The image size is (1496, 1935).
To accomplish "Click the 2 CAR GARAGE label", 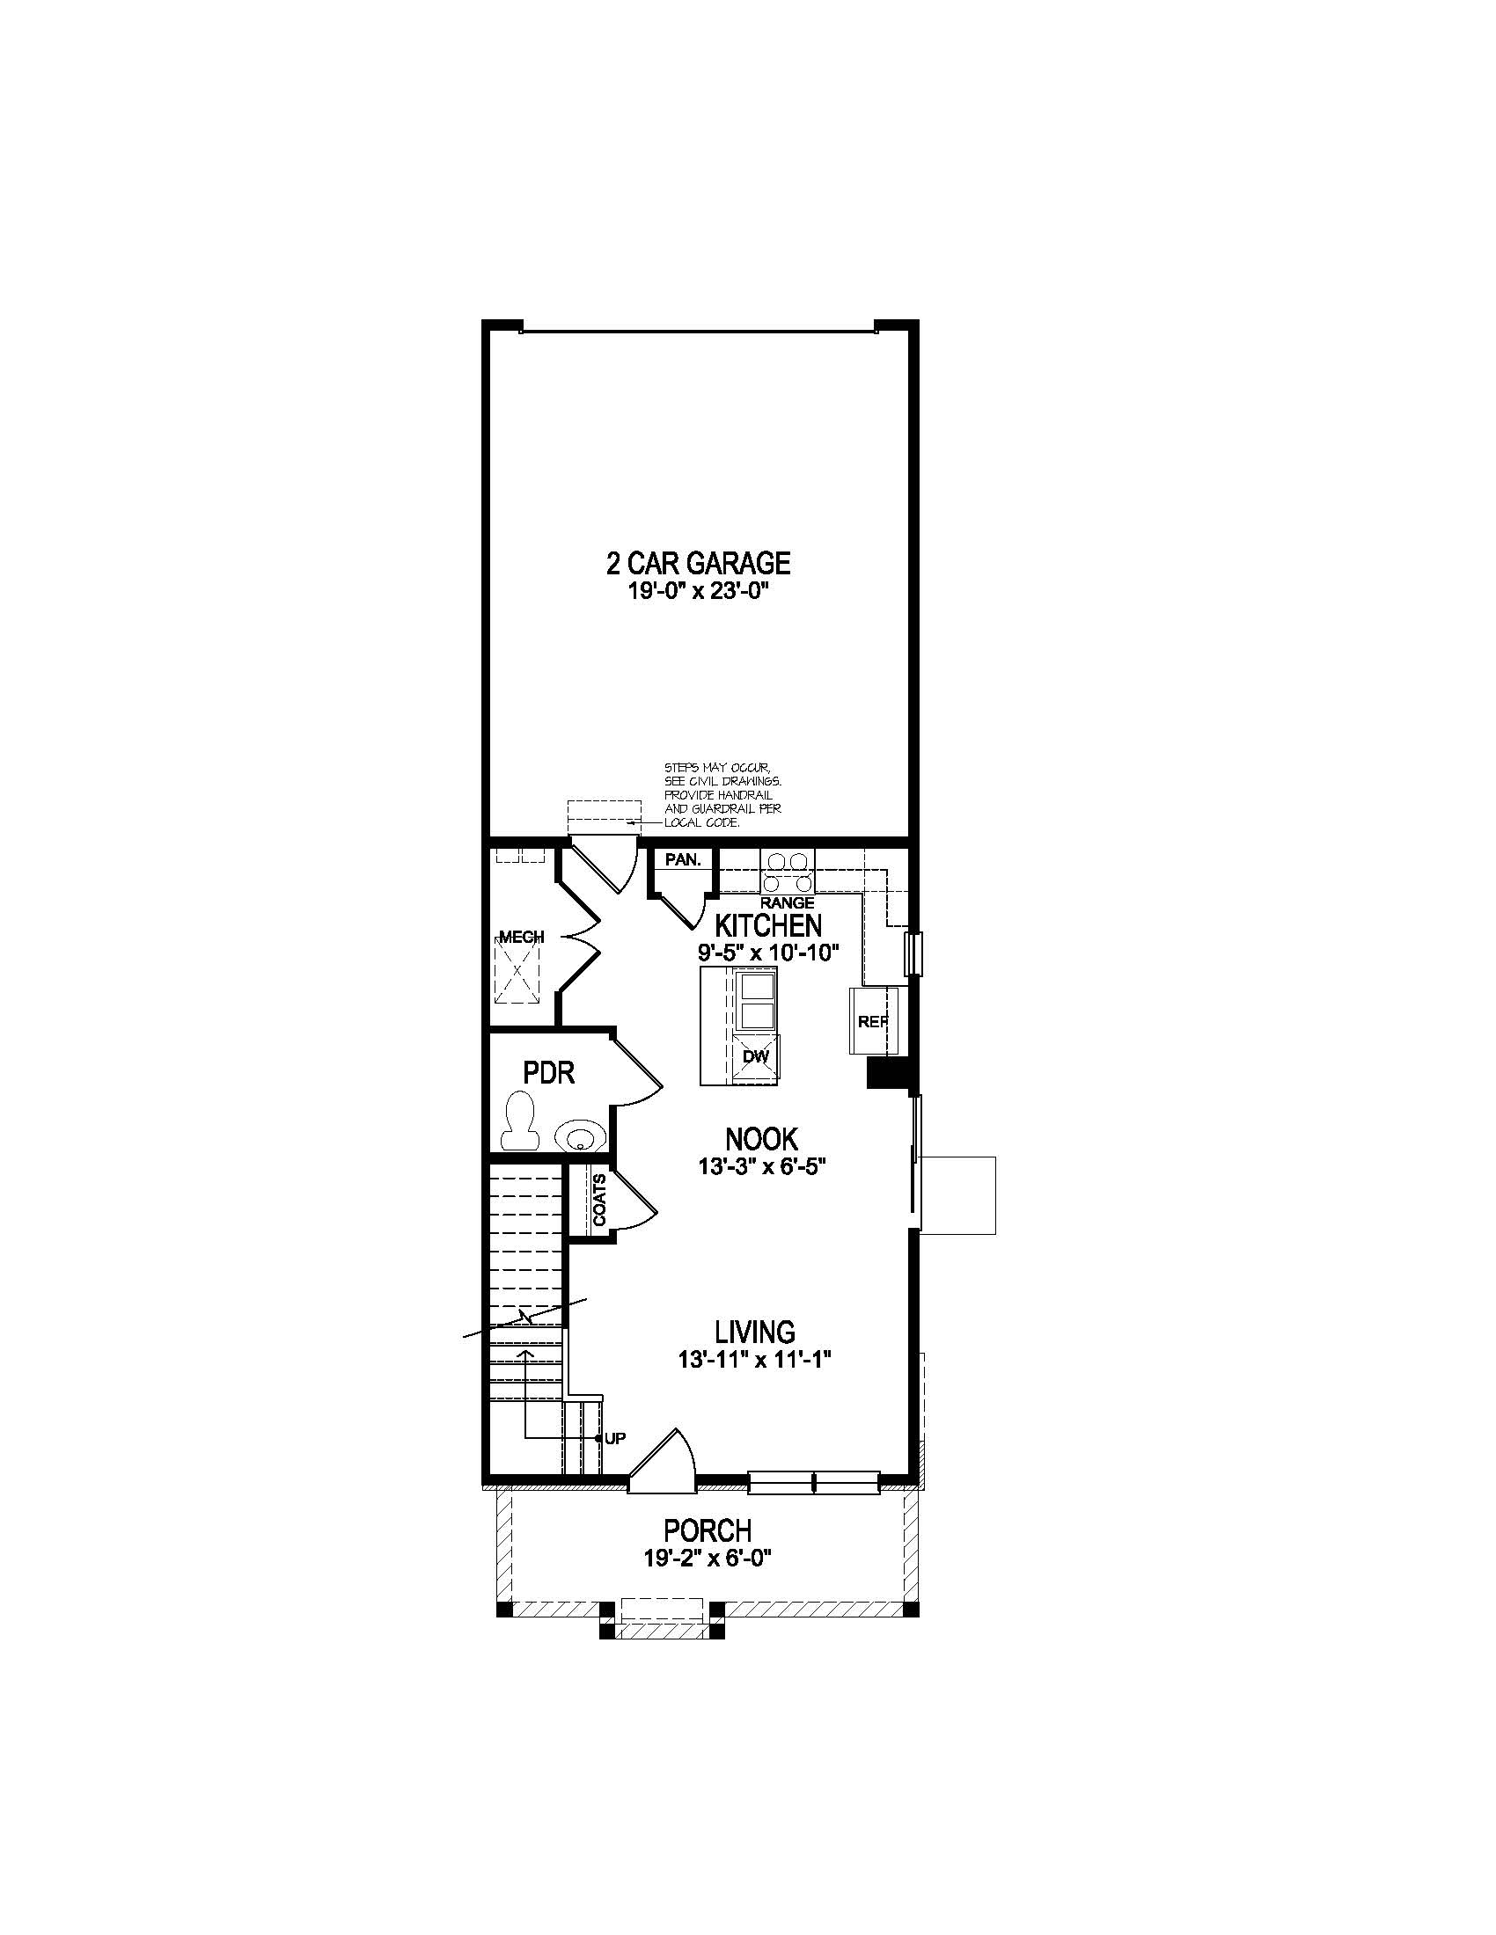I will pos(698,564).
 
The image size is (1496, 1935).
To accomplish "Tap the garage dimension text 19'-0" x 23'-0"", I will pos(698,591).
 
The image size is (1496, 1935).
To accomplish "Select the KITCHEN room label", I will pos(768,926).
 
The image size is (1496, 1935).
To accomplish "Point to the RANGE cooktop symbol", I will pos(788,872).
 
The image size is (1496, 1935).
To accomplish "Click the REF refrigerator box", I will pos(873,1021).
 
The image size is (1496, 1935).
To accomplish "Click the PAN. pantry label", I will pos(682,860).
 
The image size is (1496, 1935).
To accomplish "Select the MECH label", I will pos(521,938).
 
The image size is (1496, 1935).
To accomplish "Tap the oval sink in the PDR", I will pos(580,1135).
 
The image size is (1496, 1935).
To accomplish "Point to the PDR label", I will pos(548,1074).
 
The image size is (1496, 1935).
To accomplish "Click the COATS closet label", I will pos(600,1200).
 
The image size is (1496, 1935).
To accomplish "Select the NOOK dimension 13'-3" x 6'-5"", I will pos(762,1168).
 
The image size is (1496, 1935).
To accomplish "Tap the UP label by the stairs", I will pos(615,1439).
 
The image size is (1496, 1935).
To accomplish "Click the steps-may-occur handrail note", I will pos(722,795).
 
